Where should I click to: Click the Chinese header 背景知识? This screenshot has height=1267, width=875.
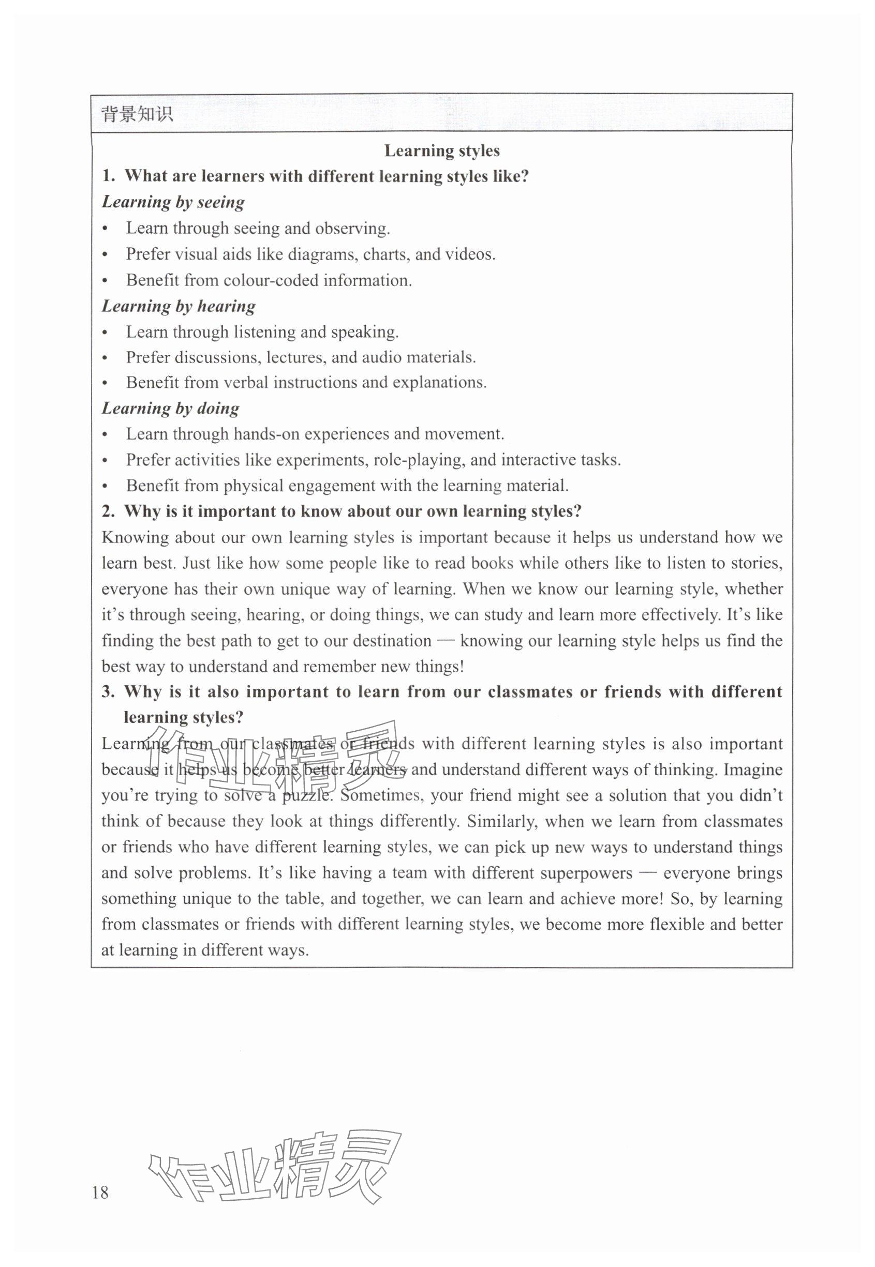coord(137,114)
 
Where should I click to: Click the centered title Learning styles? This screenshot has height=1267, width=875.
coord(441,150)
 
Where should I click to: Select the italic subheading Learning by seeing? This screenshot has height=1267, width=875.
coord(173,202)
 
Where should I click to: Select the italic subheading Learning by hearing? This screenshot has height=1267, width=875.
coord(178,306)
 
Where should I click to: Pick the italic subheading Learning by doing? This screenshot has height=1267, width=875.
coord(171,408)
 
